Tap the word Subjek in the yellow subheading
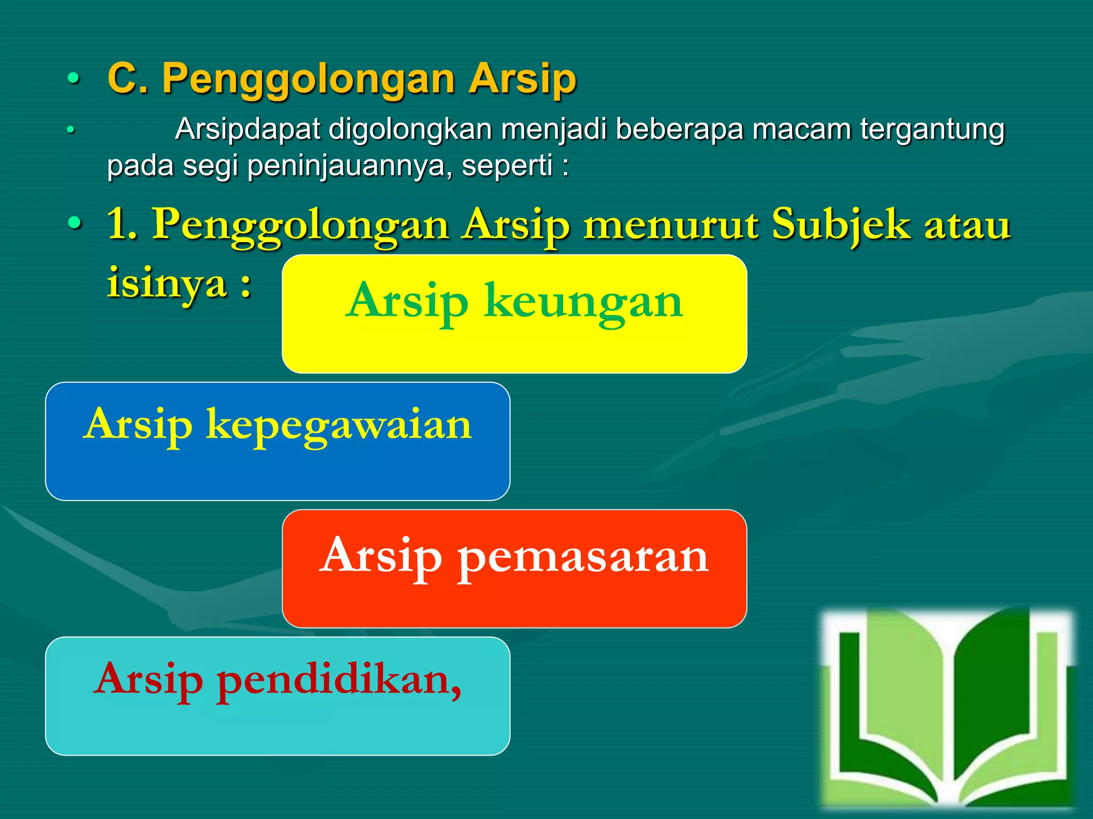click(x=841, y=226)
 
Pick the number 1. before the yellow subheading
click(x=122, y=224)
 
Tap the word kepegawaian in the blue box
click(x=339, y=425)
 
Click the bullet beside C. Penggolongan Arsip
click(x=74, y=80)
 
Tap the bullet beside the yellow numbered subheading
click(x=74, y=223)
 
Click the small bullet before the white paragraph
click(x=70, y=130)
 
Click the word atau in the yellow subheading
click(x=967, y=226)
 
